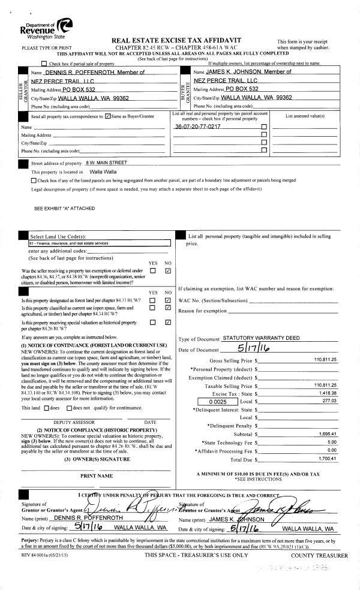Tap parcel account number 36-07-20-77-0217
tap(197, 127)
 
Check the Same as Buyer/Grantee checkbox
tap(107, 116)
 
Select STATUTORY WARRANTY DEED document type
tap(261, 338)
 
